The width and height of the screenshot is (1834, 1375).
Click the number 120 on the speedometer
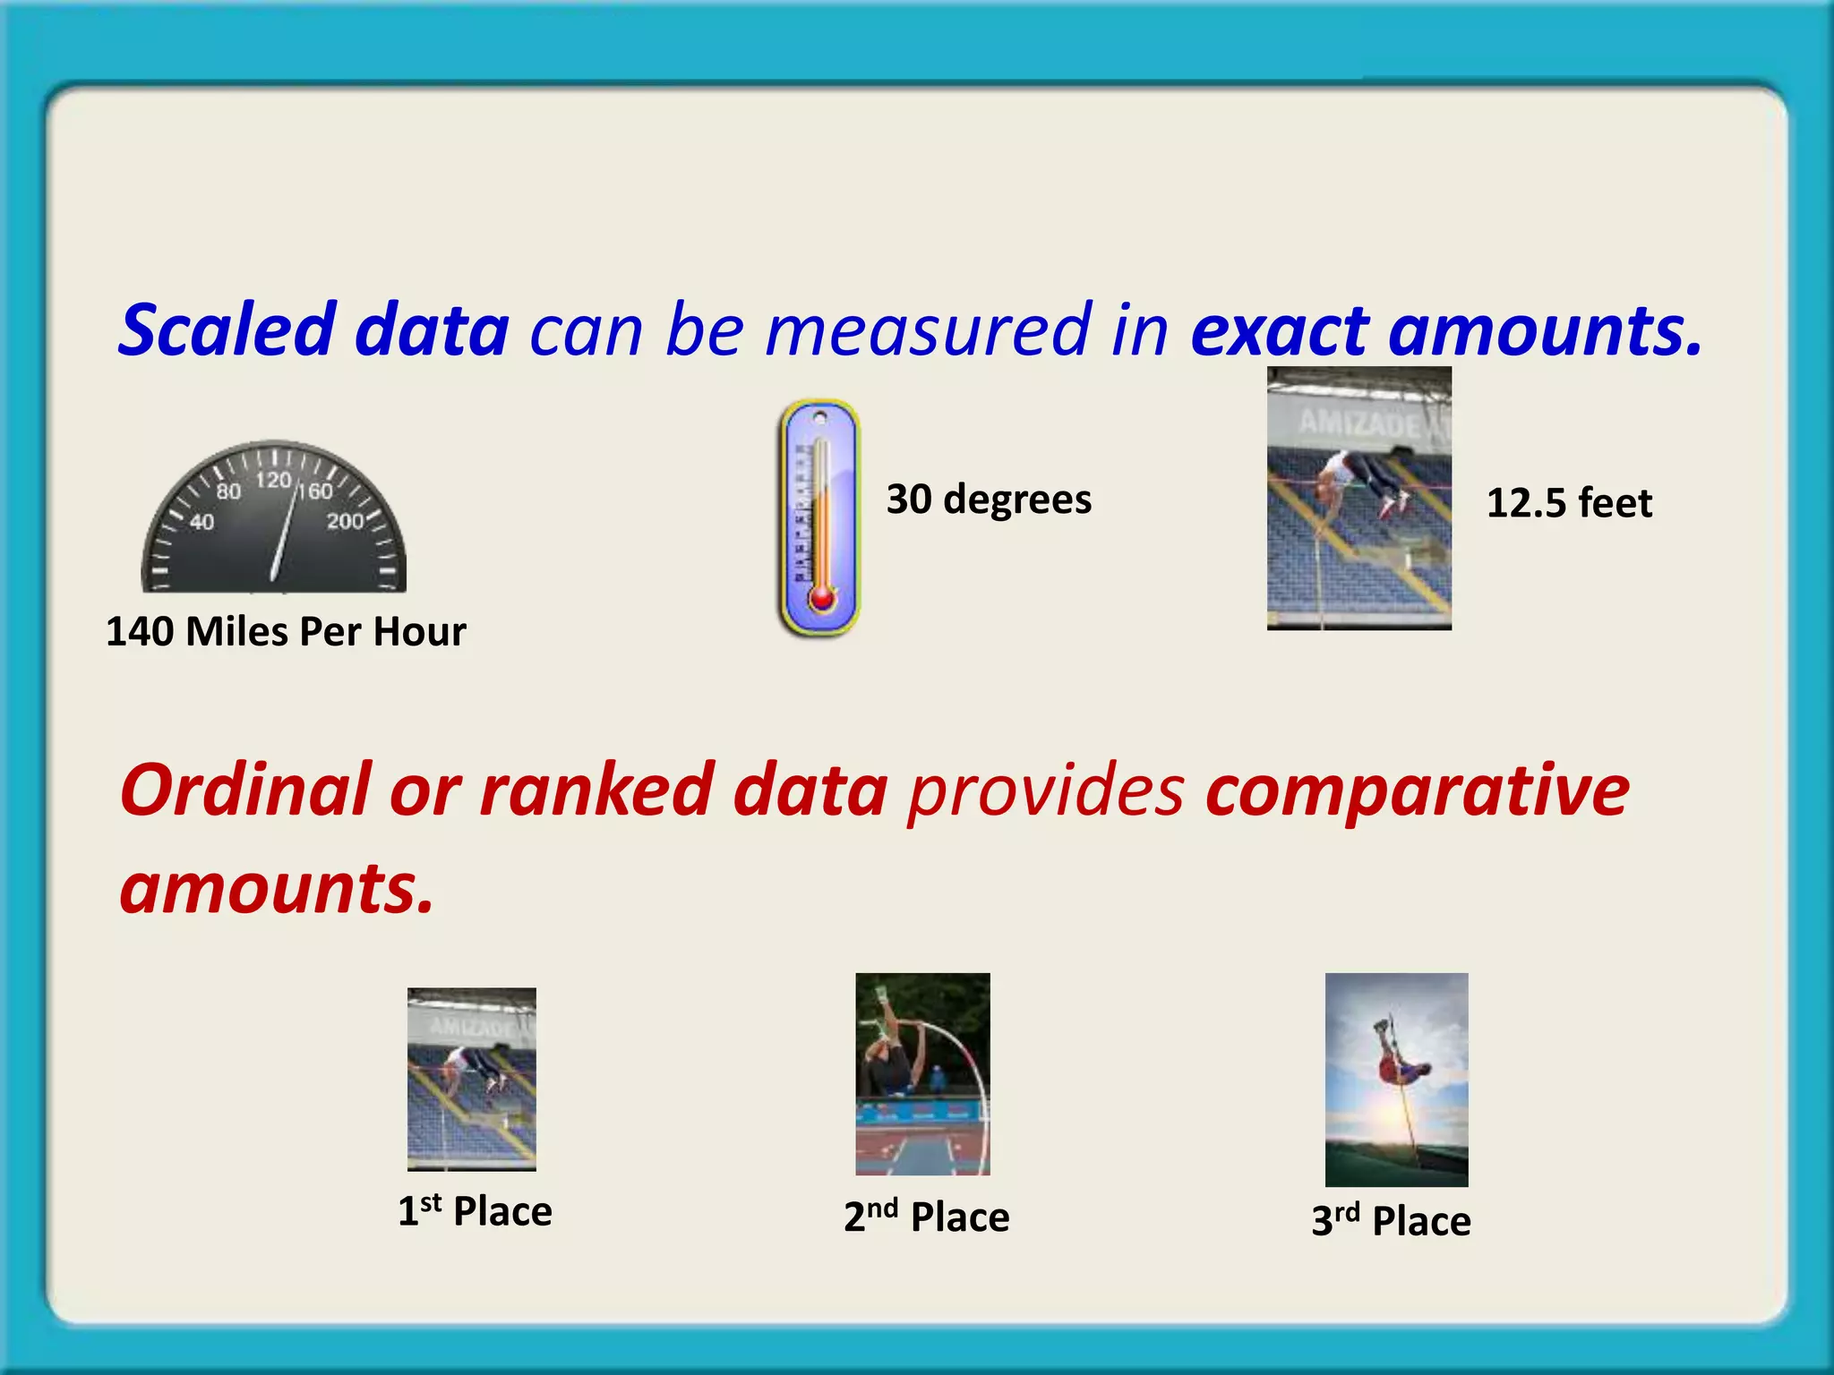(273, 481)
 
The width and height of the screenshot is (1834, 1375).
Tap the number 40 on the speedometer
(202, 522)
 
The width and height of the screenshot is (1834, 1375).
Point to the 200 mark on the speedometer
(345, 521)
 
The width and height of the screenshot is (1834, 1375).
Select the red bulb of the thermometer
(821, 597)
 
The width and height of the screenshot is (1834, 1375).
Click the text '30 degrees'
(989, 500)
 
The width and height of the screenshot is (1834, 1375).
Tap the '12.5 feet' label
(1569, 503)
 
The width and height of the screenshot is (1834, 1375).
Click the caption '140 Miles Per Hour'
(286, 632)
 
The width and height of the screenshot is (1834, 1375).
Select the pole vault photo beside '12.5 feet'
(1358, 498)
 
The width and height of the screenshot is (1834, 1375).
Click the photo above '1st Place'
(472, 1079)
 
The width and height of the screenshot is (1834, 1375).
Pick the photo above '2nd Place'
(922, 1073)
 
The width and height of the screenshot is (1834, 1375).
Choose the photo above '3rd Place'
(1396, 1079)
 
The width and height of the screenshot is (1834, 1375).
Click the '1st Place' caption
(475, 1211)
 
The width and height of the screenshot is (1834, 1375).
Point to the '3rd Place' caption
(1391, 1221)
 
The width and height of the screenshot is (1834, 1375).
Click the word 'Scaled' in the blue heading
(227, 329)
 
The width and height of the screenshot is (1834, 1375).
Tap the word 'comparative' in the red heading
(1417, 791)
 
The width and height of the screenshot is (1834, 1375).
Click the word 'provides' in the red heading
(1045, 791)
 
